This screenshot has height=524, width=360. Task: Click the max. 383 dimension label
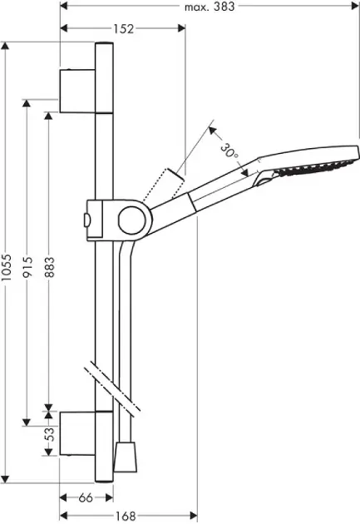click(210, 7)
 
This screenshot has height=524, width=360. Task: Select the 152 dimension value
click(123, 29)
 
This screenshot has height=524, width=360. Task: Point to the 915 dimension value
click(28, 267)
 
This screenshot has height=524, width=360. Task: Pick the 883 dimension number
click(49, 267)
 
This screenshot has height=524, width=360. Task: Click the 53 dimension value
click(49, 434)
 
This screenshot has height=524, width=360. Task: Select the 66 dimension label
click(86, 498)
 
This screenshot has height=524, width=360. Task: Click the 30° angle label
click(230, 151)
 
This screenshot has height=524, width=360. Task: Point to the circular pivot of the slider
click(132, 220)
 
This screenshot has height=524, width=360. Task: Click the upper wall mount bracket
click(77, 91)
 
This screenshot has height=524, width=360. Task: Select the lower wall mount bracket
click(77, 433)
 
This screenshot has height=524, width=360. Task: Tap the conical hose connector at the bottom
click(126, 457)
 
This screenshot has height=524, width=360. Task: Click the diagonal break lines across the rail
click(112, 388)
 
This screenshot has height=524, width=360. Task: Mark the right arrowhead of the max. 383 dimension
click(355, 6)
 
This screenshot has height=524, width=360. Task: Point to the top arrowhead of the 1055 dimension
click(5, 46)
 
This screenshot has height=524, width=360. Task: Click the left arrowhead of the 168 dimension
click(64, 516)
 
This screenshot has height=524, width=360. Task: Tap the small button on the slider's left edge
click(85, 220)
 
